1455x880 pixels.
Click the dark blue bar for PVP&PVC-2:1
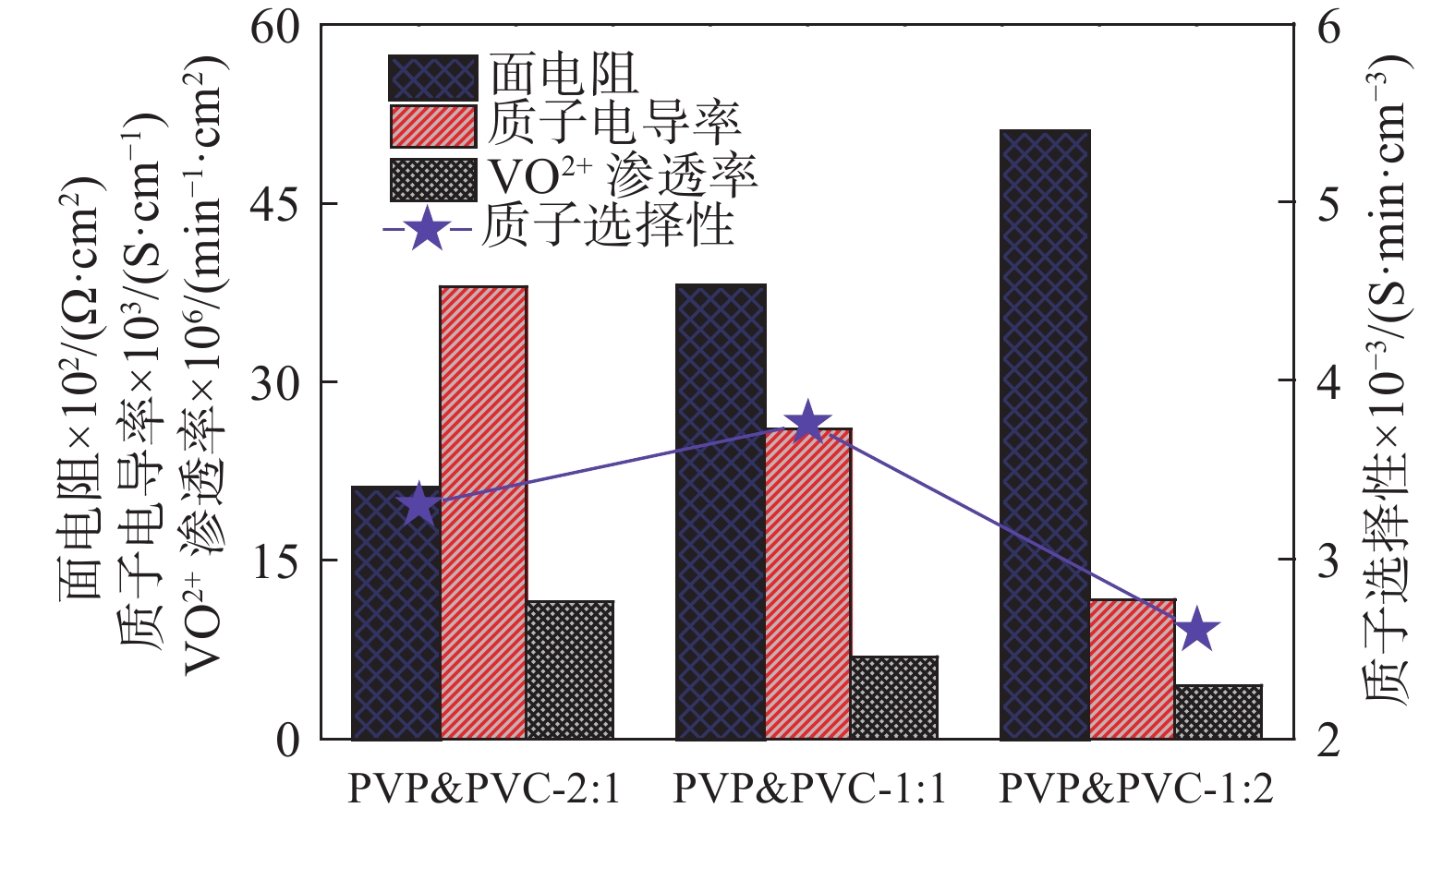pyautogui.click(x=395, y=619)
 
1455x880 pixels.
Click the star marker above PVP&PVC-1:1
pyautogui.click(x=808, y=423)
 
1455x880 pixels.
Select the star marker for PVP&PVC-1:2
pyautogui.click(x=1197, y=630)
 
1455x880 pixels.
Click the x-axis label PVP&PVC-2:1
pyautogui.click(x=484, y=790)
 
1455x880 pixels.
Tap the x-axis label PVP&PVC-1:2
pyautogui.click(x=1135, y=790)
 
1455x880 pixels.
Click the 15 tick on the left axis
pyautogui.click(x=275, y=561)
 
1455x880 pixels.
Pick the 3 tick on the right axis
pyautogui.click(x=1328, y=561)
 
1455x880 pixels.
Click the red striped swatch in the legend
pyautogui.click(x=432, y=127)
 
